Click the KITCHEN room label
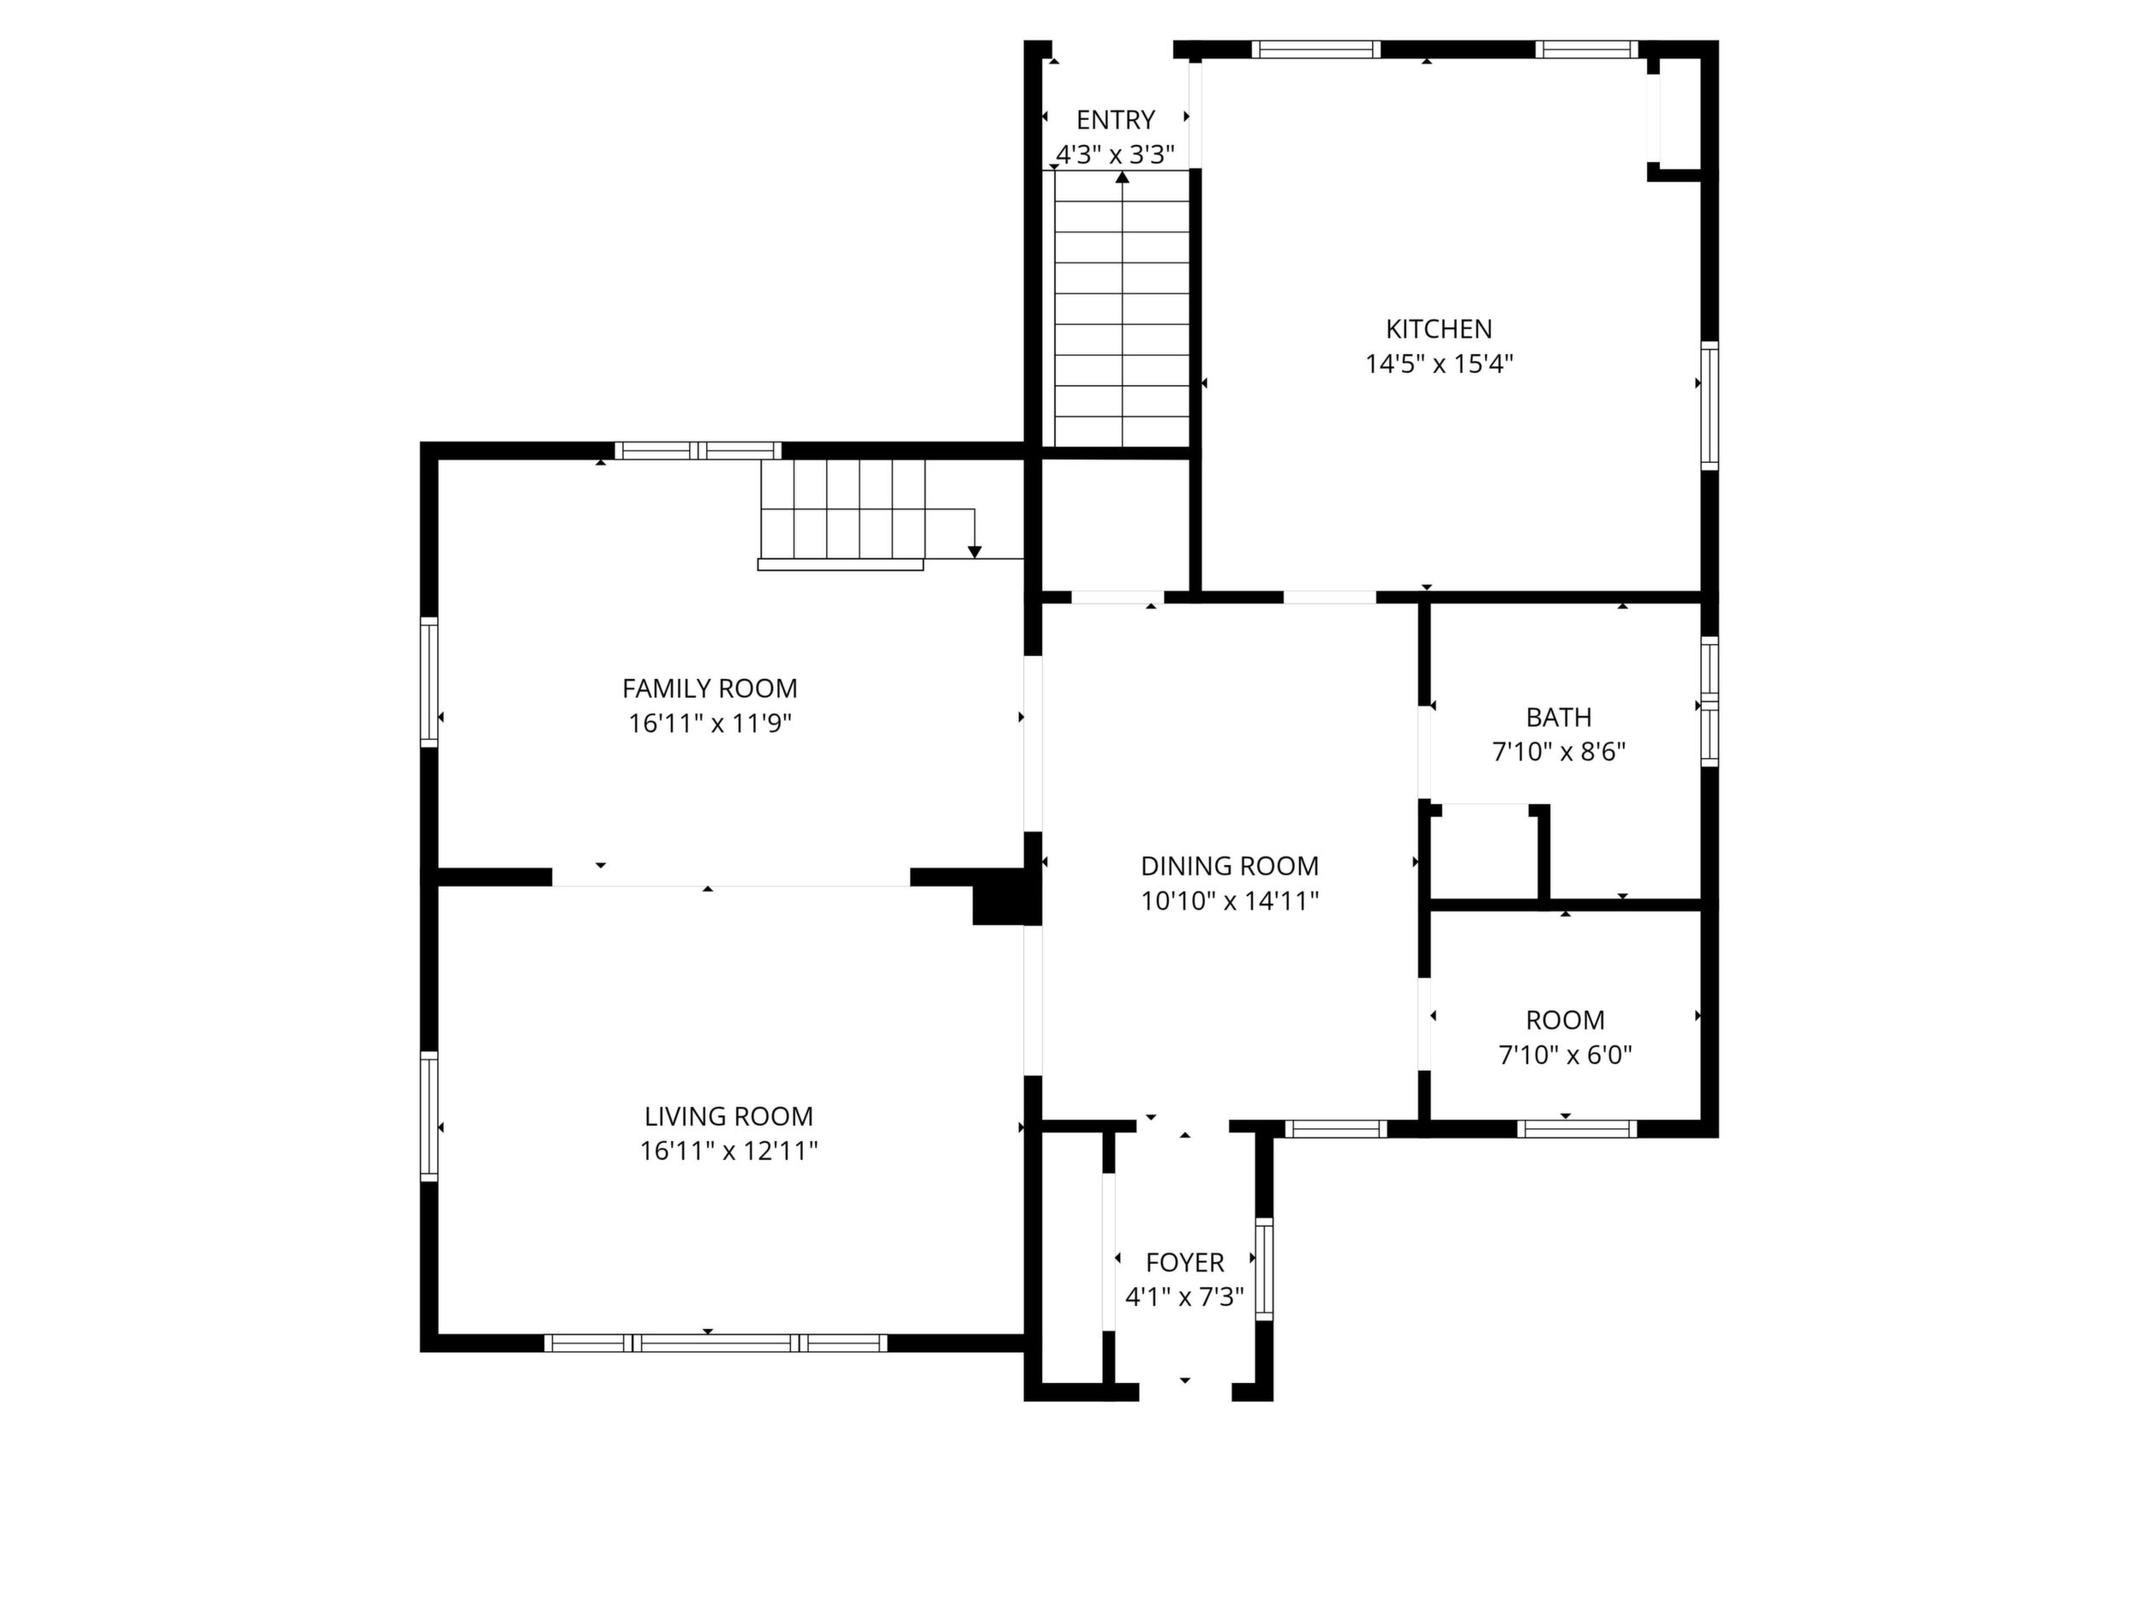tap(1439, 329)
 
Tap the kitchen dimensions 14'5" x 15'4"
tap(1439, 364)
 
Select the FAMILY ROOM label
tap(710, 688)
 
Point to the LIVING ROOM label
tap(728, 1116)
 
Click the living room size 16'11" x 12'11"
tap(729, 1151)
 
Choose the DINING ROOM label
tap(1230, 866)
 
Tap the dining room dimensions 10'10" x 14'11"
tap(1230, 901)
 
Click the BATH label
tap(1559, 718)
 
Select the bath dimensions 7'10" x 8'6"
tap(1559, 752)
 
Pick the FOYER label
tap(1184, 1263)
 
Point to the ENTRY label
tap(1116, 120)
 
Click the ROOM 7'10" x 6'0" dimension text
tap(1566, 1055)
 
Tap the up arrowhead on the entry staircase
tap(1122, 177)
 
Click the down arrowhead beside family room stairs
tap(974, 551)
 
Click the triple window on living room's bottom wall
tap(716, 1343)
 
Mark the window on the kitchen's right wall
tap(1710, 406)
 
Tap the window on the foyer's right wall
tap(1264, 1268)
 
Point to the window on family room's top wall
tap(698, 450)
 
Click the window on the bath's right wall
tap(1710, 701)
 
